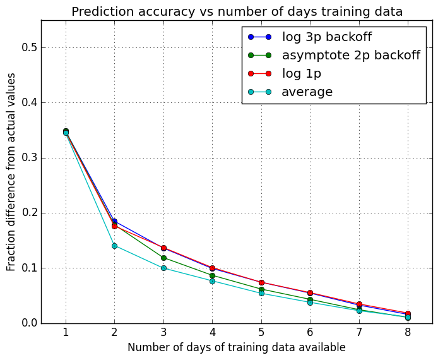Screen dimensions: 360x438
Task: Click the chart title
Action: pyautogui.click(x=237, y=11)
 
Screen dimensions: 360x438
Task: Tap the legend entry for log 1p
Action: pyautogui.click(x=301, y=73)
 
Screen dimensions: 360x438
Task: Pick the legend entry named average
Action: pyautogui.click(x=307, y=92)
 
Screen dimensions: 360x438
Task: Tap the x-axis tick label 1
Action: pyautogui.click(x=66, y=333)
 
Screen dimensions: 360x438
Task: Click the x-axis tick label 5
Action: pyautogui.click(x=261, y=333)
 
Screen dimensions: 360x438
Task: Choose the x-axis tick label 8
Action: pyautogui.click(x=408, y=333)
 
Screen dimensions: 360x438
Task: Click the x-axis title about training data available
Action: pyautogui.click(x=237, y=347)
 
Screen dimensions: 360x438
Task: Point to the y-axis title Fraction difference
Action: pyautogui.click(x=11, y=172)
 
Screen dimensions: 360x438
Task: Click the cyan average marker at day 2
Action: pyautogui.click(x=114, y=246)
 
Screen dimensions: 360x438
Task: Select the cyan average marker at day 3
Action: pyautogui.click(x=163, y=268)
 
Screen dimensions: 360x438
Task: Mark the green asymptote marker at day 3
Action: pyautogui.click(x=163, y=258)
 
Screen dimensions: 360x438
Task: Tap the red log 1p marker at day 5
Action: pyautogui.click(x=261, y=282)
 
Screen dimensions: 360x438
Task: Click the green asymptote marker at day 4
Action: pyautogui.click(x=212, y=275)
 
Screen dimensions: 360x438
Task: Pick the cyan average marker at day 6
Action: pyautogui.click(x=310, y=303)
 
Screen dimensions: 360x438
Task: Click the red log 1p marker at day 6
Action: pyautogui.click(x=310, y=293)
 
